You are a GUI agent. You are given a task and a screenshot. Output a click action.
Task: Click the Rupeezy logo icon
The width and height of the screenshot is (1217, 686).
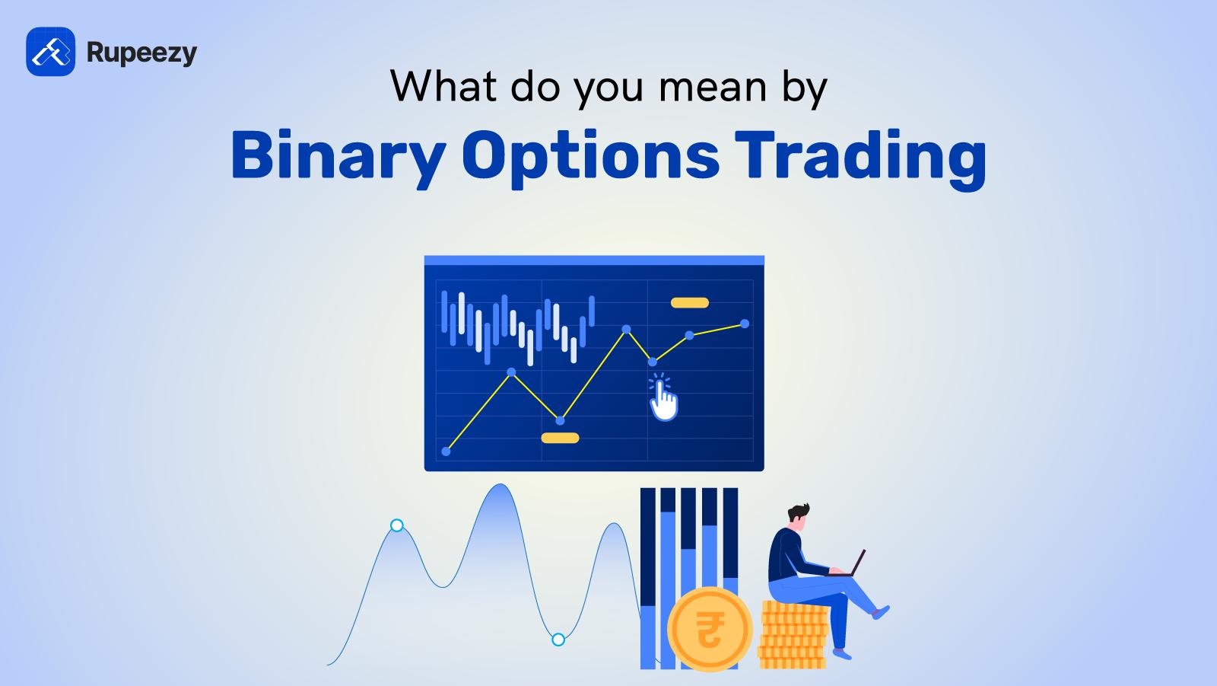[50, 52]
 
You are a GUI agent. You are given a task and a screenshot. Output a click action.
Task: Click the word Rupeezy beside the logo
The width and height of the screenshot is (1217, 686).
[141, 53]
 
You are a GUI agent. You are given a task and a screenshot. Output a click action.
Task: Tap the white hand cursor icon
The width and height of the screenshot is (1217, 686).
[663, 398]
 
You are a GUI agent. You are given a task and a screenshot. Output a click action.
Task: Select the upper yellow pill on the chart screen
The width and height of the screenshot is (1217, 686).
[689, 303]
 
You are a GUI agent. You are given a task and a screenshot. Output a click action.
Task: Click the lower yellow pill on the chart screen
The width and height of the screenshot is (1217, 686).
[560, 438]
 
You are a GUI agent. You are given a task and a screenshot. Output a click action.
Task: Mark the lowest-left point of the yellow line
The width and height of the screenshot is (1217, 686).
[446, 451]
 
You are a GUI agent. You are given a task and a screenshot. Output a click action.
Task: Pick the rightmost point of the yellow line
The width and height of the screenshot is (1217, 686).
[745, 324]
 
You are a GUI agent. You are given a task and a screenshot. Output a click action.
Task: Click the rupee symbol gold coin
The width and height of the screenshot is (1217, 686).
[709, 630]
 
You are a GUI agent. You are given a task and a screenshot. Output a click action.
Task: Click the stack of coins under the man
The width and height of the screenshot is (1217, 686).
[793, 636]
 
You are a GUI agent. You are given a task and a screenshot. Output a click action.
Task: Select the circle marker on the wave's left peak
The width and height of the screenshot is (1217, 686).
[396, 525]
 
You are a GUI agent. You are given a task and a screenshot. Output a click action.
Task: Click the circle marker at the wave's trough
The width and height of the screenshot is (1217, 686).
[558, 640]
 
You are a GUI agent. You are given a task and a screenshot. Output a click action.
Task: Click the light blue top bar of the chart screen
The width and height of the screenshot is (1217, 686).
[593, 260]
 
